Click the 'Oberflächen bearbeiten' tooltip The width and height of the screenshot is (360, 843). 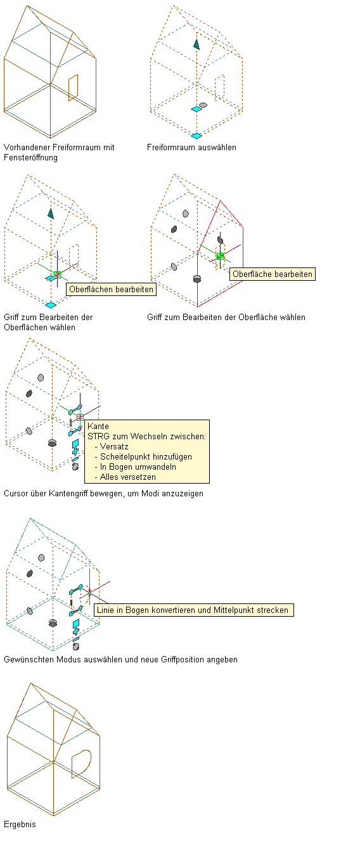click(x=112, y=290)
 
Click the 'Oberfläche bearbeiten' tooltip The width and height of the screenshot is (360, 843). click(x=273, y=274)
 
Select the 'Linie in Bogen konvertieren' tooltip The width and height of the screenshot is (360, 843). click(x=194, y=610)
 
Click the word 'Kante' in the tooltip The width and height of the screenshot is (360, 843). click(x=98, y=426)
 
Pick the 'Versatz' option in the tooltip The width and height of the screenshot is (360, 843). click(x=114, y=446)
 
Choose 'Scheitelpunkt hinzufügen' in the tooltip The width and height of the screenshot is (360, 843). click(x=146, y=456)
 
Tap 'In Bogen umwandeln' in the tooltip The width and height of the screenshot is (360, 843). click(x=138, y=467)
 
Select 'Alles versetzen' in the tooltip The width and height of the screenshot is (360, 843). click(x=127, y=477)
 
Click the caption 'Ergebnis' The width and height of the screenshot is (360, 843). click(x=20, y=824)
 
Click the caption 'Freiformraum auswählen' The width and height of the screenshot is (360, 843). click(x=191, y=147)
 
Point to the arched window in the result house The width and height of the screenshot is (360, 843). click(x=82, y=764)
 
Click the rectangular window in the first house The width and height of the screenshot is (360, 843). click(x=73, y=87)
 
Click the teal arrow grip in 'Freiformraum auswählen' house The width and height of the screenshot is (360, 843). click(x=196, y=44)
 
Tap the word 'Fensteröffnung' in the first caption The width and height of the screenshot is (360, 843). click(x=30, y=157)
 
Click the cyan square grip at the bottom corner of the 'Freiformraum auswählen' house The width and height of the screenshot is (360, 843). click(x=196, y=136)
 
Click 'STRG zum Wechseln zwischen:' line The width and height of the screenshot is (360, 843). click(x=146, y=436)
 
